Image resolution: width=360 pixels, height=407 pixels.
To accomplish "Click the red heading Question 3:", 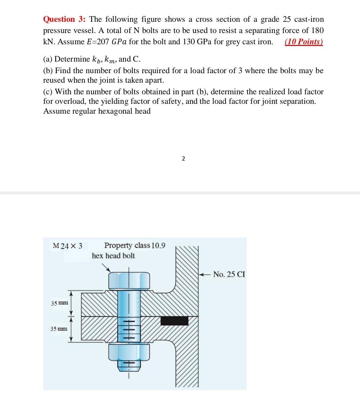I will tap(65, 19).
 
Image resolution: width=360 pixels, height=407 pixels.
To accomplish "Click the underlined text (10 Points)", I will tap(304, 42).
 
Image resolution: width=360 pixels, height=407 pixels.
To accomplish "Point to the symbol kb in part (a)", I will tap(97, 60).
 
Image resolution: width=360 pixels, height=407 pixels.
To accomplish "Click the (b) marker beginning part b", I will tap(48, 71).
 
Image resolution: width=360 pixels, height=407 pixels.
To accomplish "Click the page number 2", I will tap(183, 159).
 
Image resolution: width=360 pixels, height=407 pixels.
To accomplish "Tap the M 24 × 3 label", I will tap(68, 246).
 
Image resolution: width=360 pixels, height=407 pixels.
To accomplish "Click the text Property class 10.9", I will tap(135, 245).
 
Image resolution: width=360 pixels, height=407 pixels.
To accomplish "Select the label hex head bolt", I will tap(113, 256).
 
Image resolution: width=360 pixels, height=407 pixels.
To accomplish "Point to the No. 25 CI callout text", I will tap(229, 274).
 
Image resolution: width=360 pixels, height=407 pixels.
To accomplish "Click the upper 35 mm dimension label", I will tap(59, 303).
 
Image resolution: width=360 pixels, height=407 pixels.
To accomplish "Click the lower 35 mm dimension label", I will tap(59, 329).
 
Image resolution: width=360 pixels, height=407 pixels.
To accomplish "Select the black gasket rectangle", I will tap(174, 321).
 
